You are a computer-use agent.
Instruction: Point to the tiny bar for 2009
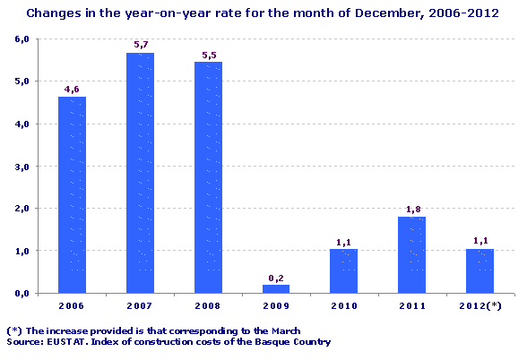(x=276, y=288)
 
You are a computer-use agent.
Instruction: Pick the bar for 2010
(x=343, y=270)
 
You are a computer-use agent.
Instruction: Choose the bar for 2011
(x=411, y=255)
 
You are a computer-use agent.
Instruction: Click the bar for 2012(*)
(x=479, y=270)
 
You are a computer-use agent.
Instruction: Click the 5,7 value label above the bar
(x=140, y=45)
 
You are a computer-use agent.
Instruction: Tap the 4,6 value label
(x=72, y=89)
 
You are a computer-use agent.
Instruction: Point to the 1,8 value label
(x=411, y=209)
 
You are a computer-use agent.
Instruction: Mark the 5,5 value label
(x=208, y=54)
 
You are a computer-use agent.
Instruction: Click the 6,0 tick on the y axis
(x=22, y=39)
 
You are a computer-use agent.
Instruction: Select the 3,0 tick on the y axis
(x=22, y=167)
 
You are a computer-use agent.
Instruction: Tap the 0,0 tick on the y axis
(x=22, y=293)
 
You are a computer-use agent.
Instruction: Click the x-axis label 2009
(x=276, y=305)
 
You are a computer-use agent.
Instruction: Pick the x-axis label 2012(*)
(x=480, y=305)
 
